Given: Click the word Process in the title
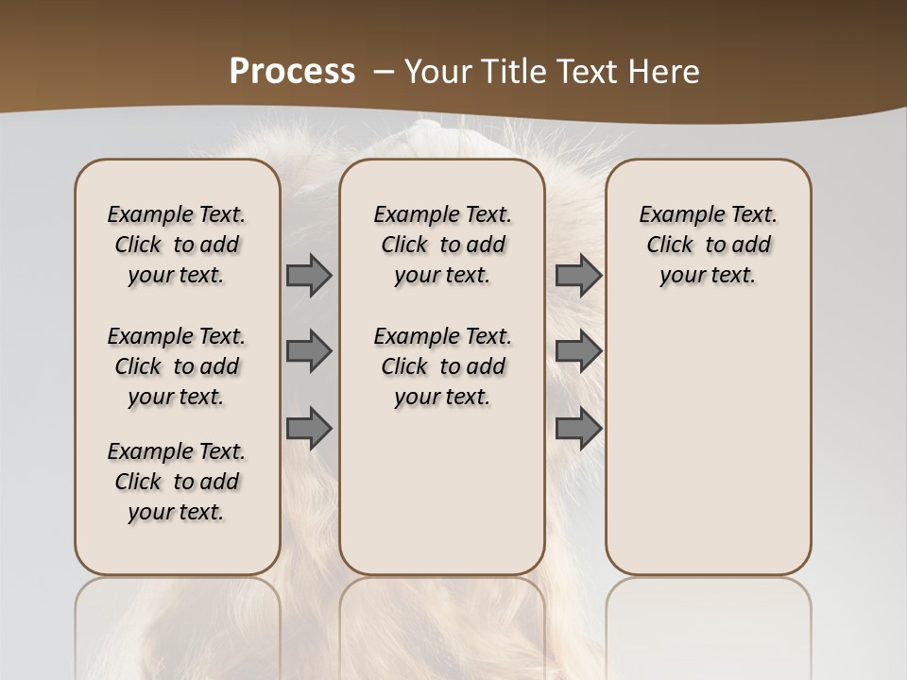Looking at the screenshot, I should pyautogui.click(x=292, y=72).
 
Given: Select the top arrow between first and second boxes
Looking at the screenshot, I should pyautogui.click(x=309, y=275).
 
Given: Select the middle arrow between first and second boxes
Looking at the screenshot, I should pyautogui.click(x=309, y=351).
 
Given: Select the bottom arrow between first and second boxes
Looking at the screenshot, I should pyautogui.click(x=309, y=429).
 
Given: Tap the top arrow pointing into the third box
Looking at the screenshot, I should pyautogui.click(x=578, y=275).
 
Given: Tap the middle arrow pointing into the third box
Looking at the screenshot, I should pyautogui.click(x=578, y=351).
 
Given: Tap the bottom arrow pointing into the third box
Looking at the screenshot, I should pyautogui.click(x=578, y=429).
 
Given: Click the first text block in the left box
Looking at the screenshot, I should pyautogui.click(x=177, y=245).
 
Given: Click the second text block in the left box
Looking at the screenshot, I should pyautogui.click(x=177, y=366).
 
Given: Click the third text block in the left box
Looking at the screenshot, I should pyautogui.click(x=177, y=482).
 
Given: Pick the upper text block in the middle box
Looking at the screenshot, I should pyautogui.click(x=442, y=245).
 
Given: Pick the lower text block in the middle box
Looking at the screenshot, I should pyautogui.click(x=442, y=366).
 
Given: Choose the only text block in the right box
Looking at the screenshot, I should pyautogui.click(x=708, y=245).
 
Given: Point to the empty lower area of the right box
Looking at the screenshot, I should pyautogui.click(x=708, y=444).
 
